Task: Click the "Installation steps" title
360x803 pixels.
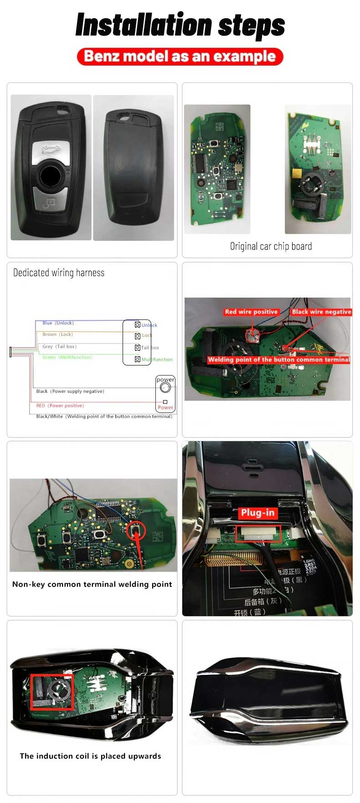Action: (x=180, y=25)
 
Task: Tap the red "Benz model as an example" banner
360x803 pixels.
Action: (x=180, y=57)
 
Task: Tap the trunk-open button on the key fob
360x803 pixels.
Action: (x=50, y=149)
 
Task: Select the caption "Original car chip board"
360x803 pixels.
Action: (x=271, y=247)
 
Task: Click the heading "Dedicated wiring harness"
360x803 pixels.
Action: (x=59, y=273)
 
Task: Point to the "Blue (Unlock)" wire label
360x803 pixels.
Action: (x=58, y=323)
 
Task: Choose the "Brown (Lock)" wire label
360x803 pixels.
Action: (x=57, y=335)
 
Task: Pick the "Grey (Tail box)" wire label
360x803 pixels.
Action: (x=59, y=346)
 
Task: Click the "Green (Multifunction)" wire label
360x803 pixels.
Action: (x=67, y=357)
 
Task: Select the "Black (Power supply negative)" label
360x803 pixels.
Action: (x=70, y=391)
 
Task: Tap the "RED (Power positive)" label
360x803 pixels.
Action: (x=60, y=406)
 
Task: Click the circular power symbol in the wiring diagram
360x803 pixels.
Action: (x=165, y=388)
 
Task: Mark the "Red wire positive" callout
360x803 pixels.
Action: (x=251, y=312)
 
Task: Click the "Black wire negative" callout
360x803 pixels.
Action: (x=321, y=312)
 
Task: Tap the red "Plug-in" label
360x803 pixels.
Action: (x=257, y=513)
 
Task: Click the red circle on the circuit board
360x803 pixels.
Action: (x=136, y=531)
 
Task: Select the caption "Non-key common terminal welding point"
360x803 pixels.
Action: (x=92, y=584)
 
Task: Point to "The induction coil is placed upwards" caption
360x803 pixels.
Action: (x=90, y=756)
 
